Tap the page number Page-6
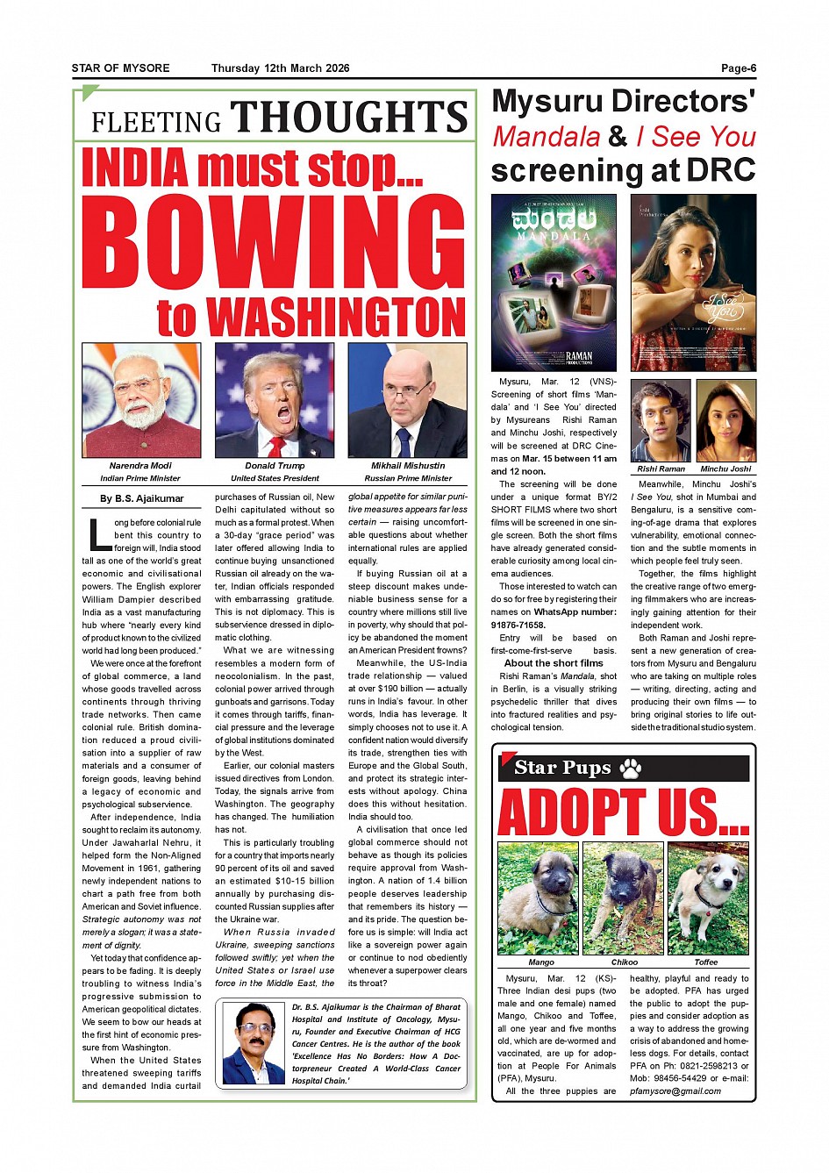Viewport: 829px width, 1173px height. (x=739, y=68)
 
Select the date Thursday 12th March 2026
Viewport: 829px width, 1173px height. (x=280, y=68)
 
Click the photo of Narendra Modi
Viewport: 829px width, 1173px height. (x=141, y=400)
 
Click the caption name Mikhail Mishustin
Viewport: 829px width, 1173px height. (x=408, y=466)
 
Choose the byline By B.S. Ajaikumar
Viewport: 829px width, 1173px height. (x=141, y=498)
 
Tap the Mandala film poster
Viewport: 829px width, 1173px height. (x=554, y=283)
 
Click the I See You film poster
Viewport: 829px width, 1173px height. (x=693, y=283)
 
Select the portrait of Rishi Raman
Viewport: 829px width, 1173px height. (x=661, y=421)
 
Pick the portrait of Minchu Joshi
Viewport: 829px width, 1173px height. (x=726, y=421)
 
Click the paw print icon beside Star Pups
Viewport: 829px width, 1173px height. (x=630, y=769)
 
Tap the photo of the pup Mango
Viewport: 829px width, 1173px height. (x=538, y=898)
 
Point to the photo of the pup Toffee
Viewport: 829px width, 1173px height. (x=707, y=898)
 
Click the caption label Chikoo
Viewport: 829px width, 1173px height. (x=625, y=962)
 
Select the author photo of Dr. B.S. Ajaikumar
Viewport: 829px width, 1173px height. (x=254, y=1043)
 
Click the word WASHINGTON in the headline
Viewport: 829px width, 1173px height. (x=336, y=318)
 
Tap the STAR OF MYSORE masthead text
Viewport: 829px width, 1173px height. (x=121, y=68)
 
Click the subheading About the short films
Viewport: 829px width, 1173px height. (x=554, y=663)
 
